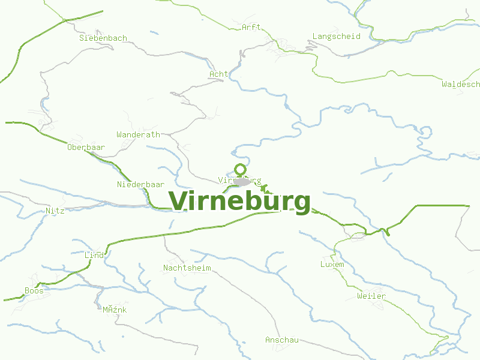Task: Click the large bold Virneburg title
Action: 240,202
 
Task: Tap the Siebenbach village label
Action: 103,38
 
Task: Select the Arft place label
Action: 251,27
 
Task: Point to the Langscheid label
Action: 336,36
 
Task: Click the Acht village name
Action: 218,74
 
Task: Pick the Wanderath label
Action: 138,134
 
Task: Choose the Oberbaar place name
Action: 86,147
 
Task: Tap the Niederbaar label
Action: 140,184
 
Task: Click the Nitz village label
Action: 55,211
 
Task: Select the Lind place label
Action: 94,255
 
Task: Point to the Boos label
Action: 34,290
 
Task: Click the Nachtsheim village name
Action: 187,268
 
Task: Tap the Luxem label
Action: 332,264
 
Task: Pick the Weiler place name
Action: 371,296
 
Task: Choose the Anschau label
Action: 282,340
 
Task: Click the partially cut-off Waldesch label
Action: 460,84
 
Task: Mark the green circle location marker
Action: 240,169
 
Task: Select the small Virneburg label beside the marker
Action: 240,180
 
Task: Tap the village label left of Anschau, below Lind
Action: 114,310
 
